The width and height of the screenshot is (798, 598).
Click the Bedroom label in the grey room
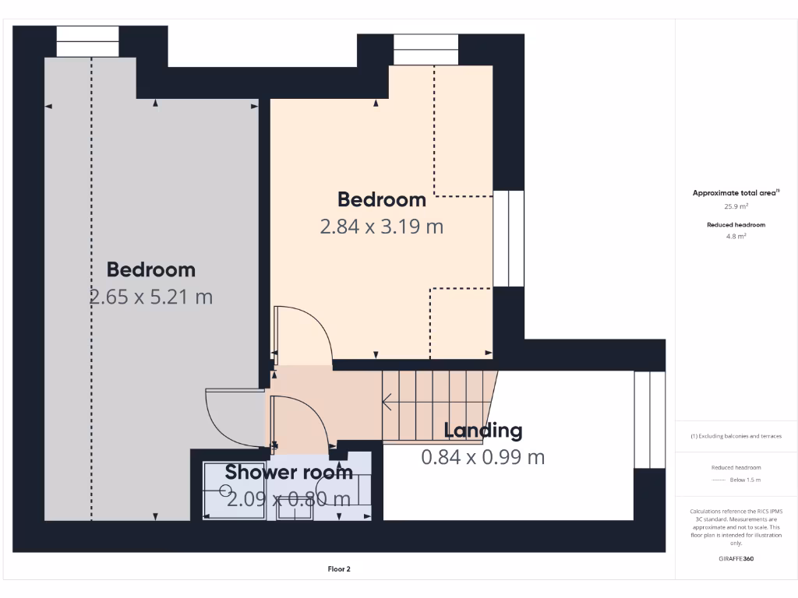pos(151,269)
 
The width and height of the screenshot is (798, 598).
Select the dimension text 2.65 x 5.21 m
pos(151,297)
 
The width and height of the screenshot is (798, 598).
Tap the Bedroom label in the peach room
pos(382,199)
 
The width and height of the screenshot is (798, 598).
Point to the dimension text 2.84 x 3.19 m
pos(382,227)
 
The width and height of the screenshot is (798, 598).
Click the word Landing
pos(483,430)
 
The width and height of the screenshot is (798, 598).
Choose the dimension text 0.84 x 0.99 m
pos(483,457)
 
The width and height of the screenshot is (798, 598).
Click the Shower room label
pos(289,472)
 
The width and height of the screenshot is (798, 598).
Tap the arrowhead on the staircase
pos(385,403)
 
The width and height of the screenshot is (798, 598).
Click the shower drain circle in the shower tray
pos(225,491)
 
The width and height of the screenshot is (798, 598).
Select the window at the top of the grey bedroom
pos(87,41)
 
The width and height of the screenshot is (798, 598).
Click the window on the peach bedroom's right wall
pos(509,238)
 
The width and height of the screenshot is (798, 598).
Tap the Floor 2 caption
pos(339,569)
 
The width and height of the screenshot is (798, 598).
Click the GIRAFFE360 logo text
pos(736,558)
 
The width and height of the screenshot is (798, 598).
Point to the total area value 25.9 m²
pos(736,206)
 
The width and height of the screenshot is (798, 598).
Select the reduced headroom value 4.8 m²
pos(736,235)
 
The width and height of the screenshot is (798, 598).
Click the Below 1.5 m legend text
pos(745,480)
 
